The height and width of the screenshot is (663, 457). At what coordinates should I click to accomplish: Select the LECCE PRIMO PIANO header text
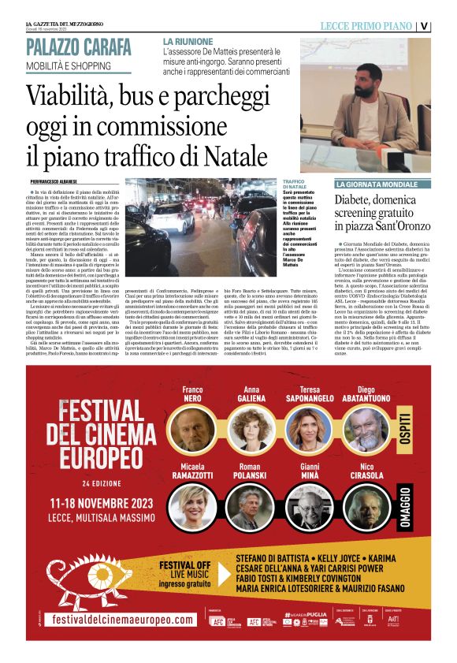click(x=366, y=25)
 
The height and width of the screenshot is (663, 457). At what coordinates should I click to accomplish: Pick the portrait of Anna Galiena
click(x=252, y=430)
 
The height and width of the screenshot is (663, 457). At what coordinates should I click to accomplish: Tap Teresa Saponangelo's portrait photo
click(x=309, y=430)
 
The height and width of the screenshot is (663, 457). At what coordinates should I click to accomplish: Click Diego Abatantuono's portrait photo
click(x=365, y=430)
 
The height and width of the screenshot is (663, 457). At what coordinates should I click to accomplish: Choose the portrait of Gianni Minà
click(x=309, y=508)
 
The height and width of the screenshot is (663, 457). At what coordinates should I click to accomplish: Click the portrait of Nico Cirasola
click(x=365, y=508)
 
